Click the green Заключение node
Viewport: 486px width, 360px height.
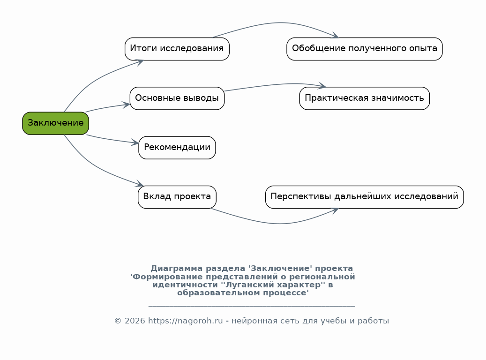click(55, 123)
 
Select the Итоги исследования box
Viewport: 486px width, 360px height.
click(177, 49)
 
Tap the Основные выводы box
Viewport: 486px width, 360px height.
click(177, 98)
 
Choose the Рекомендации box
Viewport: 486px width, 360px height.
click(177, 148)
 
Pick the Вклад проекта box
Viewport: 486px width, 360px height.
click(177, 197)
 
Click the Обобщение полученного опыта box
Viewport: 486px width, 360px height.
click(364, 49)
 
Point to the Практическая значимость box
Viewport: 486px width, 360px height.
click(364, 98)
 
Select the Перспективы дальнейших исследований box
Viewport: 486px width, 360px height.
click(364, 197)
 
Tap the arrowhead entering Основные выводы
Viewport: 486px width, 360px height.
click(126, 105)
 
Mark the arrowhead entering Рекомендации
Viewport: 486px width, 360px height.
click(135, 142)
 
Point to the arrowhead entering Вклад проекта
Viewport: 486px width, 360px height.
click(139, 184)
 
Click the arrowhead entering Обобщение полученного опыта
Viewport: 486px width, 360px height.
click(335, 36)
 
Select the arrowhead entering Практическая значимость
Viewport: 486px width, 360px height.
click(322, 86)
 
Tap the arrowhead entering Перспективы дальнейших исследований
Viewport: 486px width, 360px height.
click(335, 210)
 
